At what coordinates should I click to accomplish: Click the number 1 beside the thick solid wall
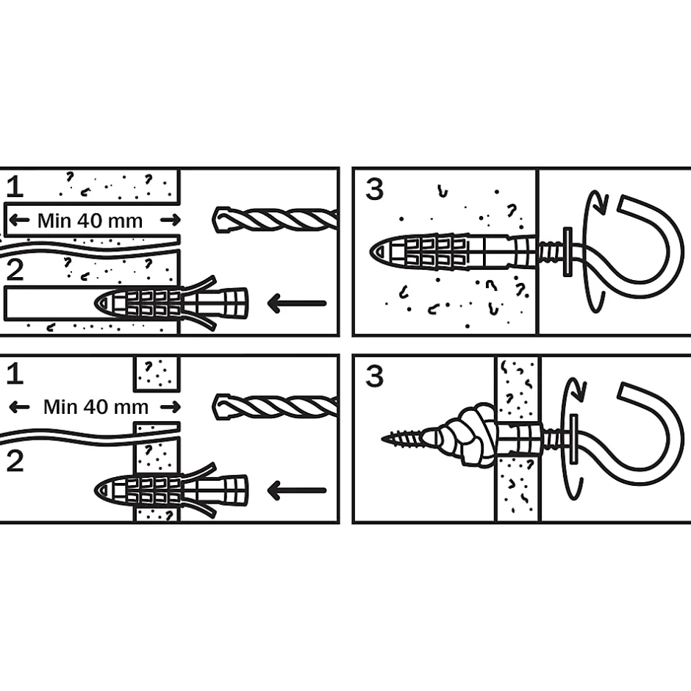coord(15,187)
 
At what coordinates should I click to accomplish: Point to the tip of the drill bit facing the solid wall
coord(214,219)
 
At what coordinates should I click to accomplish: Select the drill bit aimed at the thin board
coord(276,407)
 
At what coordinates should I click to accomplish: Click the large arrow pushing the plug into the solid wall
coord(296,303)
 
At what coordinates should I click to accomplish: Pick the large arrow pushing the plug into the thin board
coord(296,490)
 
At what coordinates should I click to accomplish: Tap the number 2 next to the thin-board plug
coord(15,462)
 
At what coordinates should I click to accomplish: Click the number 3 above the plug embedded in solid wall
coord(375,189)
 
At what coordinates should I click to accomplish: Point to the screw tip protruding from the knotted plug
coord(382,439)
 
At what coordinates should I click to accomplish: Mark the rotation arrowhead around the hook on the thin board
coord(579,389)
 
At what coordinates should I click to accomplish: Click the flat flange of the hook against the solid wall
coord(568,252)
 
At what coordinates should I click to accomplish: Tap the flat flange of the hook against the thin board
coord(573,439)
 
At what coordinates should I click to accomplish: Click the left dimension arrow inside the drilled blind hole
coord(19,220)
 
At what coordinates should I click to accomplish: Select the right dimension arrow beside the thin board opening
coord(171,407)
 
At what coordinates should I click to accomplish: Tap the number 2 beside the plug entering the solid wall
coord(15,270)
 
